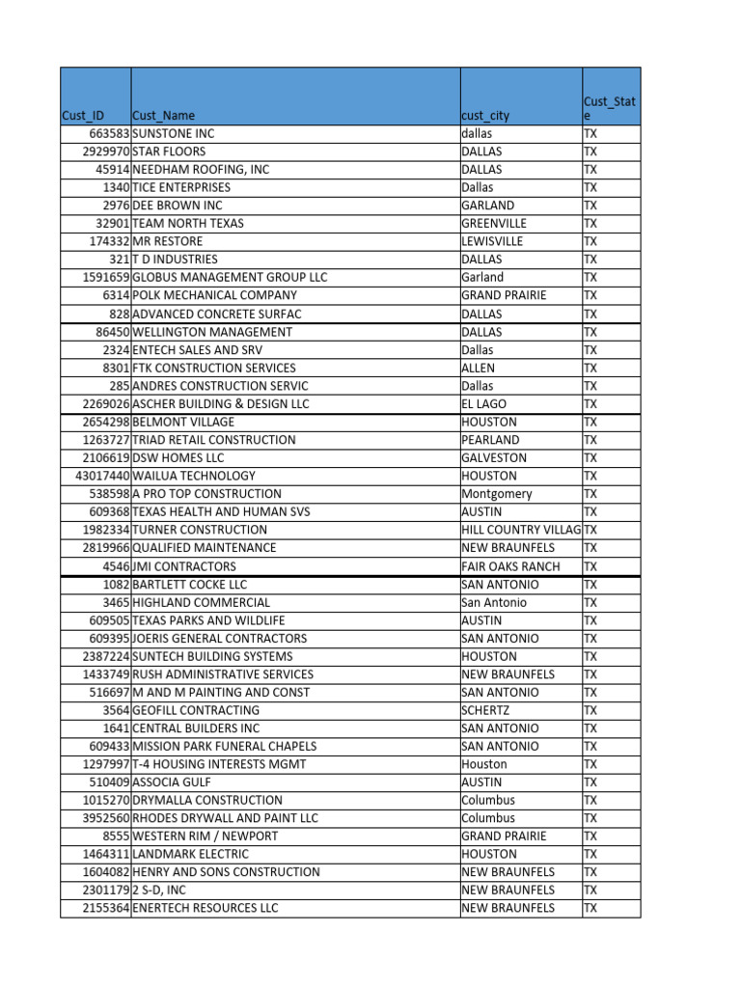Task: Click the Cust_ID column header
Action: click(83, 116)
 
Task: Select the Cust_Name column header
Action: click(163, 116)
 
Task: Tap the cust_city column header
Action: click(485, 116)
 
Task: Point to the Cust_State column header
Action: click(610, 108)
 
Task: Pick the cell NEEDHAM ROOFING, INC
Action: click(201, 170)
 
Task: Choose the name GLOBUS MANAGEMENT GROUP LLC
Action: click(230, 278)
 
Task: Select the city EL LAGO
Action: click(483, 404)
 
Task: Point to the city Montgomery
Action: click(496, 494)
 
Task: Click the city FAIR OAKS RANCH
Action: click(509, 566)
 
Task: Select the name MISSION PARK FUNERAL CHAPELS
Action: click(224, 747)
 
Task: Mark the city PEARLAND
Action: click(489, 440)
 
